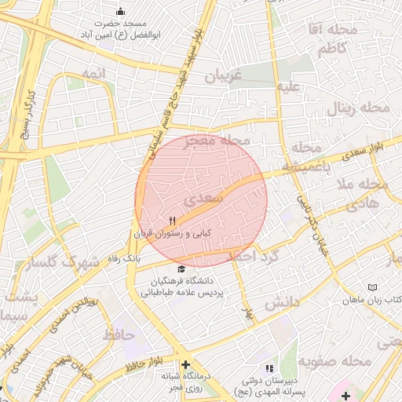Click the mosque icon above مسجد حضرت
(x=120, y=11)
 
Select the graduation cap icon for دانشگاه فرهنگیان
(x=182, y=269)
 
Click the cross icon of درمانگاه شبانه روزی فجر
(x=185, y=365)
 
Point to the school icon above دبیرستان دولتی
(x=269, y=367)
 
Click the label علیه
(x=288, y=86)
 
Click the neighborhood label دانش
(x=280, y=301)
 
